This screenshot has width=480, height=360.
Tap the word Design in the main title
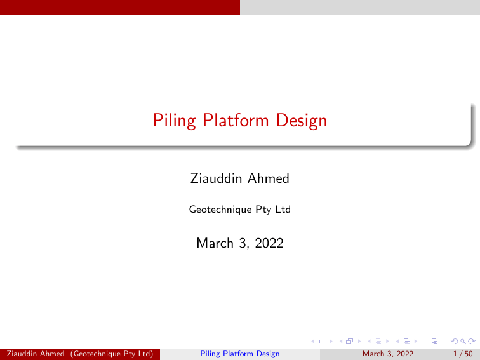point(303,120)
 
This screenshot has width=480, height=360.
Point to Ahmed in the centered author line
point(267,178)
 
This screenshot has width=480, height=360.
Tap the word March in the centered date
point(215,242)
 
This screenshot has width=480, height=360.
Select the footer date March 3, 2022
point(387,354)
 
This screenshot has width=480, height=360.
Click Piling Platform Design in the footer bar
point(239,354)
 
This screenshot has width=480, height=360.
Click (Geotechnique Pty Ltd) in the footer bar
point(116,354)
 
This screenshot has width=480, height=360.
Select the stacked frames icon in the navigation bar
point(349,342)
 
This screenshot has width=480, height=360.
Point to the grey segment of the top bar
point(359,7)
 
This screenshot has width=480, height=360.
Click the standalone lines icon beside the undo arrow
point(435,342)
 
